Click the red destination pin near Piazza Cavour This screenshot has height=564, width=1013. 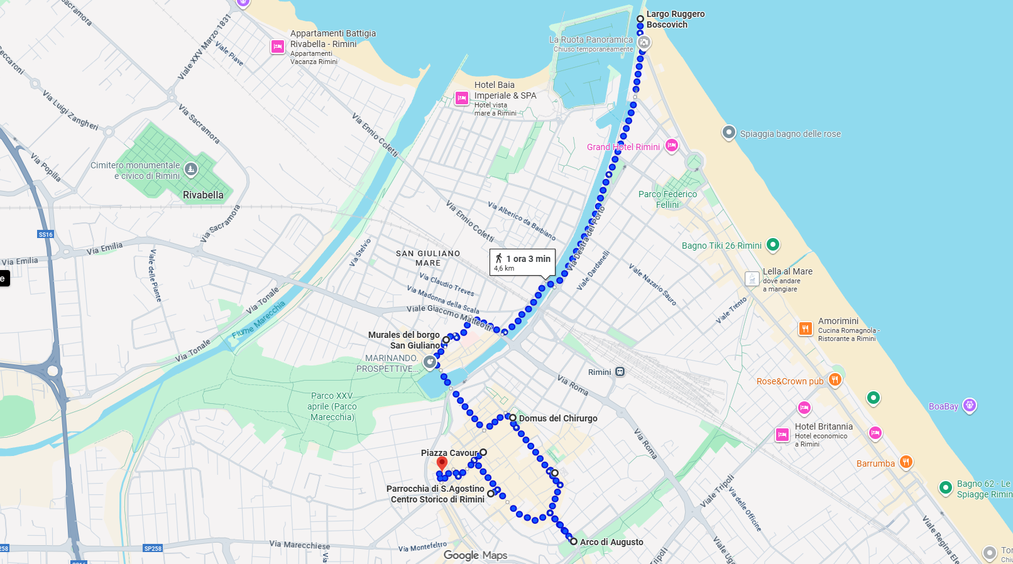click(442, 464)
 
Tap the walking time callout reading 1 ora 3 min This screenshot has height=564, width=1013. click(522, 263)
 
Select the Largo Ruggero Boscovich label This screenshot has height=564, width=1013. click(676, 19)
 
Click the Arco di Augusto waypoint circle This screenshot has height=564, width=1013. click(574, 541)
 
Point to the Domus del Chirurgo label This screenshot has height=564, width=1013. click(558, 418)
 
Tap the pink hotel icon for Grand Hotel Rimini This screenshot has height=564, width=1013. click(672, 146)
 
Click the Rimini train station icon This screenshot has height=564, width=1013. click(620, 371)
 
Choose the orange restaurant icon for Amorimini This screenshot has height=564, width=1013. click(805, 328)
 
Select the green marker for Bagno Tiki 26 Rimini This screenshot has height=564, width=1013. click(773, 244)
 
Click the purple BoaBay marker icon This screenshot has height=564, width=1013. click(970, 405)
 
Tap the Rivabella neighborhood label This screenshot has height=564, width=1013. click(203, 195)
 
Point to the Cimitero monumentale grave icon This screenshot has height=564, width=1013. click(191, 169)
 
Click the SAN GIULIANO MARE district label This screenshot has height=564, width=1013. click(428, 258)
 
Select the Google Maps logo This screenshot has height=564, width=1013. click(475, 555)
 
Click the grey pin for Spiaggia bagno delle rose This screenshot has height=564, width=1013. click(728, 133)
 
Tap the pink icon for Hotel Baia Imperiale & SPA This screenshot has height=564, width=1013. click(462, 98)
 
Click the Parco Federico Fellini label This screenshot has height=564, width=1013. click(667, 199)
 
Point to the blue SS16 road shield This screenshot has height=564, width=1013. click(45, 234)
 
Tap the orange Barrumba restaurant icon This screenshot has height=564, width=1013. click(906, 462)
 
